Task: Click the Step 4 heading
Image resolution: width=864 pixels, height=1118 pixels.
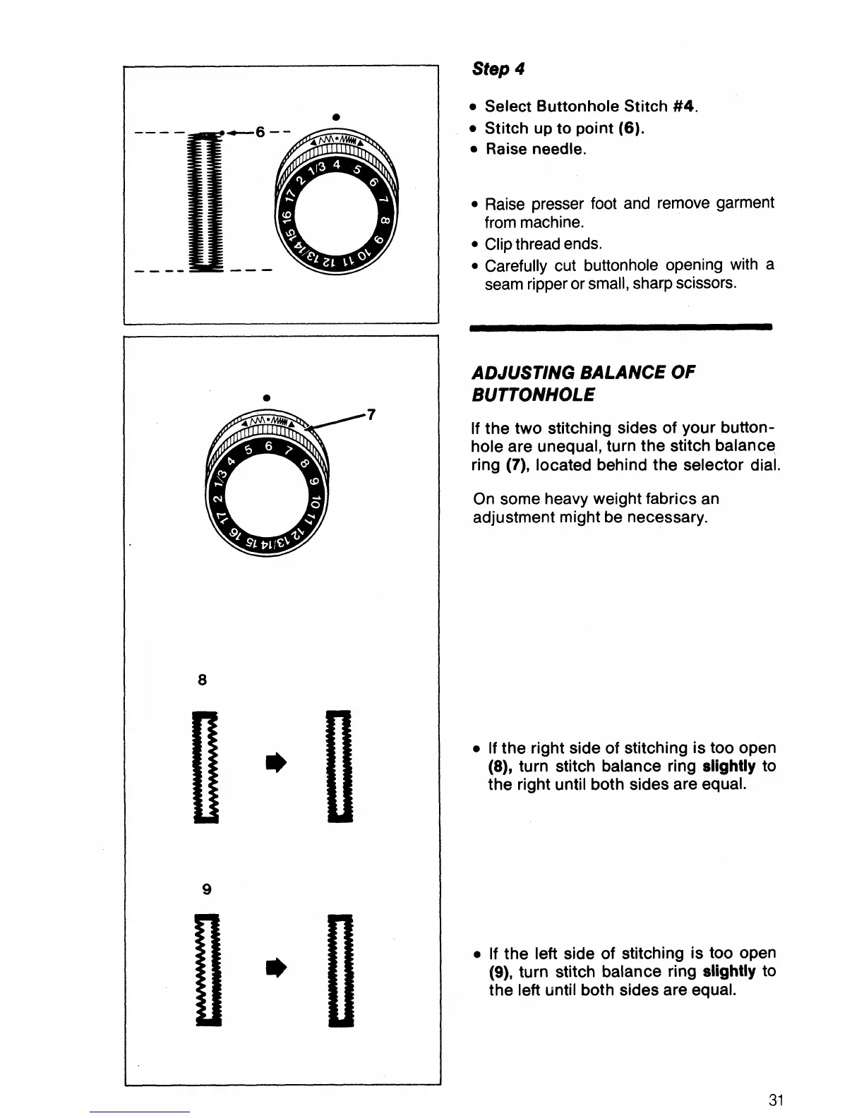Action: [x=498, y=69]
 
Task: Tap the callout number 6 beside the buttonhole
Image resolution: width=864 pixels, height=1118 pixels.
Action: [x=260, y=132]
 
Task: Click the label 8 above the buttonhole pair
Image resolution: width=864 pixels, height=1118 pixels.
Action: [x=203, y=680]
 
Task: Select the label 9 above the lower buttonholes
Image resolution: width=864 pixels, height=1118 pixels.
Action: [x=206, y=889]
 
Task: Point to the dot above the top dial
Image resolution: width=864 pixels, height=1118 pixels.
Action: [x=337, y=115]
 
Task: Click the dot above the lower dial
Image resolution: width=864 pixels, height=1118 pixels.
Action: [x=265, y=397]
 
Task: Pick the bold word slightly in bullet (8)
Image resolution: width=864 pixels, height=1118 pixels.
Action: [x=728, y=767]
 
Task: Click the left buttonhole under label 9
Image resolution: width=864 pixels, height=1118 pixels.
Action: [x=205, y=970]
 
